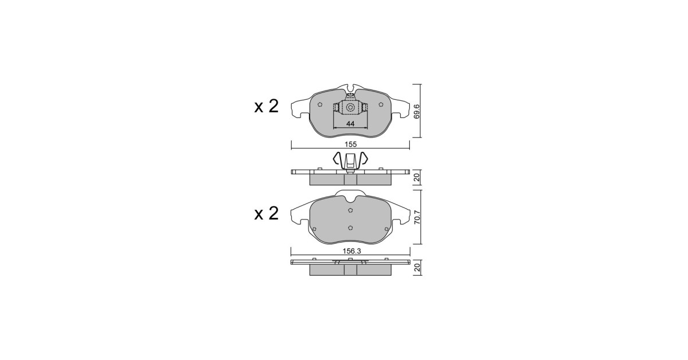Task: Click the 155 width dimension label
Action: click(x=350, y=144)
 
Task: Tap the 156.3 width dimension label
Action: click(x=351, y=251)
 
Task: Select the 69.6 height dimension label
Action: click(x=416, y=112)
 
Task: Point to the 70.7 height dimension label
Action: click(x=417, y=217)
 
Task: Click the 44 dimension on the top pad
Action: click(x=350, y=124)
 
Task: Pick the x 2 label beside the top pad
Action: click(x=266, y=106)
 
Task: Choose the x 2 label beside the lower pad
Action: click(x=266, y=213)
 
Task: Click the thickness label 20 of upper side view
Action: click(x=417, y=178)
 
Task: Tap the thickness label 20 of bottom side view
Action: click(x=417, y=268)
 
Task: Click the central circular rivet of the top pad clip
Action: click(x=350, y=108)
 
